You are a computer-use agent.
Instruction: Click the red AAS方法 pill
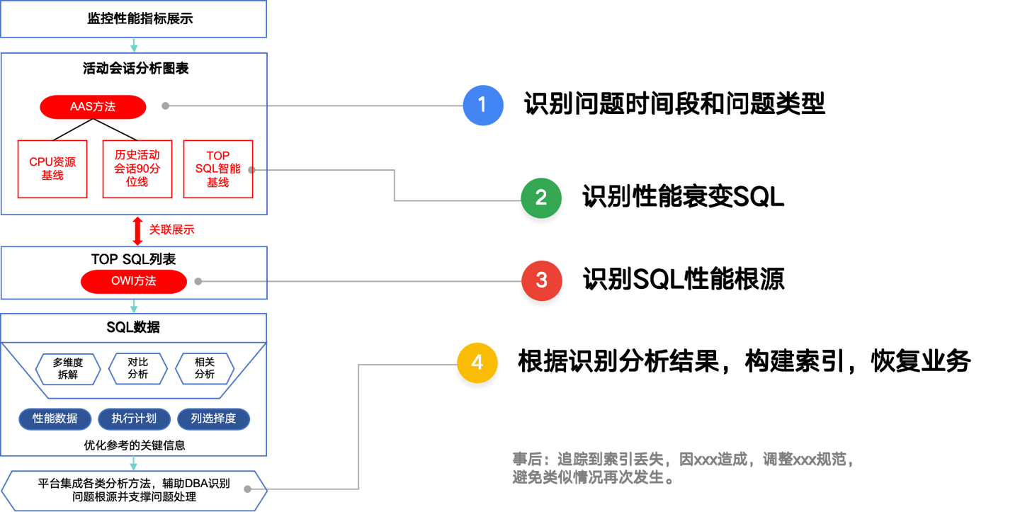pyautogui.click(x=93, y=107)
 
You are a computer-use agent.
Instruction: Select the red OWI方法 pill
pyautogui.click(x=134, y=281)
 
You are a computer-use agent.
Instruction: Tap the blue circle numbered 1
pyautogui.click(x=482, y=105)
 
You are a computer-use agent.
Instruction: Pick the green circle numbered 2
pyautogui.click(x=540, y=198)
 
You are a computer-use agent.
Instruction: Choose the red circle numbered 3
pyautogui.click(x=541, y=280)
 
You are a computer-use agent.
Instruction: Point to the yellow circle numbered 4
pyautogui.click(x=477, y=363)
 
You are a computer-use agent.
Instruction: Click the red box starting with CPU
pyautogui.click(x=52, y=169)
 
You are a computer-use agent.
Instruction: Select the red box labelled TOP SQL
pyautogui.click(x=217, y=169)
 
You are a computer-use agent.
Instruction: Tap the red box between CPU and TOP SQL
pyautogui.click(x=137, y=169)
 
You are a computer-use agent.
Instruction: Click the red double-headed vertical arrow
pyautogui.click(x=137, y=231)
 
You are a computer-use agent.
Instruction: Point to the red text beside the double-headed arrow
pyautogui.click(x=171, y=229)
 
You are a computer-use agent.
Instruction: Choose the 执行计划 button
pyautogui.click(x=134, y=419)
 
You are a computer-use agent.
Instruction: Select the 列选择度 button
pyautogui.click(x=213, y=419)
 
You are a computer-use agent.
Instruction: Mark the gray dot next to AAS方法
pyautogui.click(x=166, y=106)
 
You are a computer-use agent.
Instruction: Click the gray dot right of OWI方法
pyautogui.click(x=199, y=281)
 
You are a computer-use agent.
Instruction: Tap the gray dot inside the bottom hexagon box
pyautogui.click(x=246, y=489)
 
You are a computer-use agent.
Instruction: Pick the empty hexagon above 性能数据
pyautogui.click(x=68, y=369)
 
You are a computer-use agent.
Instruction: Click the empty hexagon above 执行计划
pyautogui.click(x=138, y=369)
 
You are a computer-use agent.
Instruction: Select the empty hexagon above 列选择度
pyautogui.click(x=205, y=369)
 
